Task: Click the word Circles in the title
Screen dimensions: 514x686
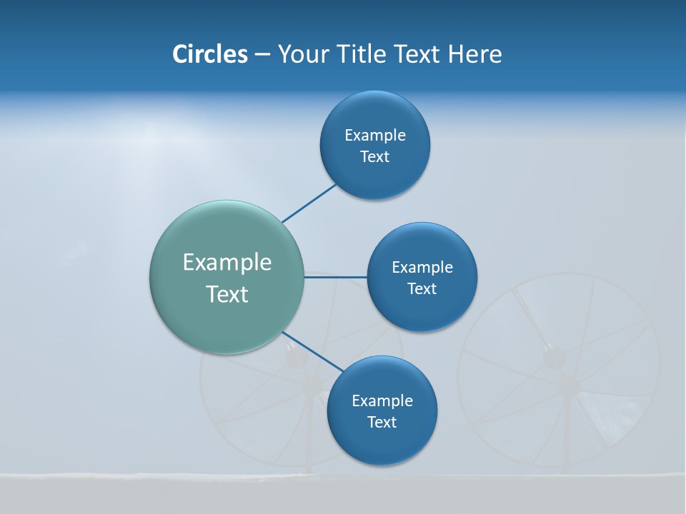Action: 210,54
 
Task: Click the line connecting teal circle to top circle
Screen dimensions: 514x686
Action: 309,203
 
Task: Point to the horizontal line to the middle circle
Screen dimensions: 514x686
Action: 335,277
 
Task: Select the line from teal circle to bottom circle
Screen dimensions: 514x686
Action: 312,351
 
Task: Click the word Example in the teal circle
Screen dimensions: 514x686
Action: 227,263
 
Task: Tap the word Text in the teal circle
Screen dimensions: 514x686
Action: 227,294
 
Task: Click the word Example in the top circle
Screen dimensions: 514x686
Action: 375,136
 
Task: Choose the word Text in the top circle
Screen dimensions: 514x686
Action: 374,157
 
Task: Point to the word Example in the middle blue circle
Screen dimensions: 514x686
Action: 422,268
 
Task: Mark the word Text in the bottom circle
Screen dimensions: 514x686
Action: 382,423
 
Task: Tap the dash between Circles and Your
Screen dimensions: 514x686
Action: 262,54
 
